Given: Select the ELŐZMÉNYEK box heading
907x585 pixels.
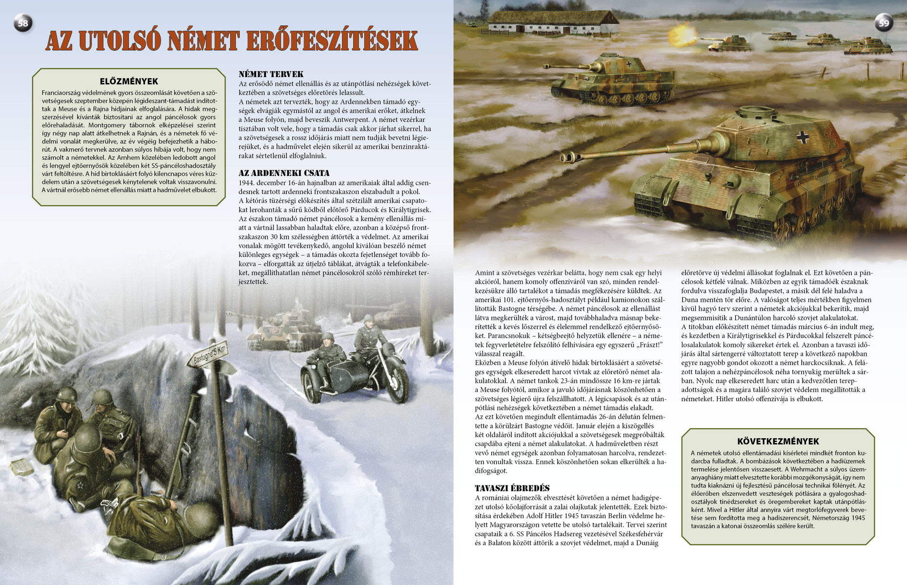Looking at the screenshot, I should (129, 81).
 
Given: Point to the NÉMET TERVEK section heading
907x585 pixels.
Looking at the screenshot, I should (271, 74).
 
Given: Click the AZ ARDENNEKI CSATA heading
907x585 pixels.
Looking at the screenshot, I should (284, 173).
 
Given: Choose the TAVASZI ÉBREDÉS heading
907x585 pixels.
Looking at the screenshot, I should (512, 488).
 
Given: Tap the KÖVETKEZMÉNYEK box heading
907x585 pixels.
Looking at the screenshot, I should (778, 441).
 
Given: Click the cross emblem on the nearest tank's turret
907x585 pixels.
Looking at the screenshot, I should (803, 137).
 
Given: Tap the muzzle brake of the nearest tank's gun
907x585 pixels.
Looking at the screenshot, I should (566, 157).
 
